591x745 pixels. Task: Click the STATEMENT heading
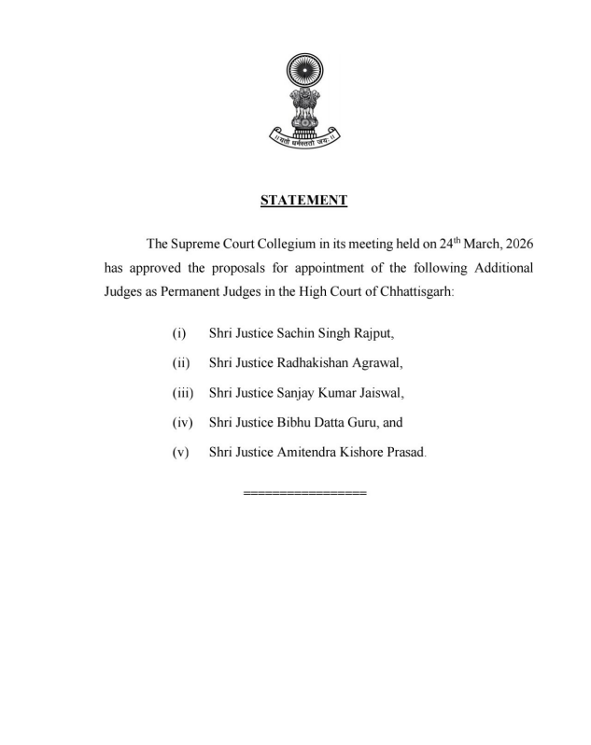coord(303,200)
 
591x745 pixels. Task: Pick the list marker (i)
coord(179,333)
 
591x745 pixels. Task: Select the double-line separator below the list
coord(304,492)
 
